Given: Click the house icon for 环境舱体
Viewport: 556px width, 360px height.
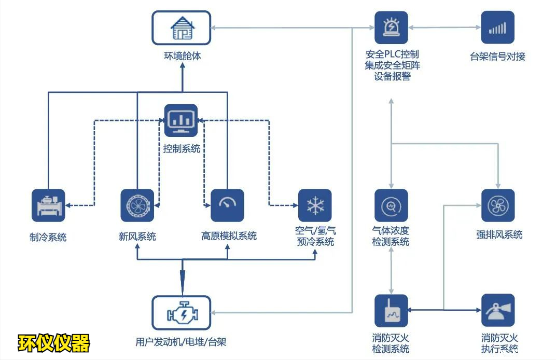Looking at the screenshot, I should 182,28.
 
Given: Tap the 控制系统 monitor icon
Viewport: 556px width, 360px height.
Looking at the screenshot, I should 181,120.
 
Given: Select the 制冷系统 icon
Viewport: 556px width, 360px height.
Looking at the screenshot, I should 48,205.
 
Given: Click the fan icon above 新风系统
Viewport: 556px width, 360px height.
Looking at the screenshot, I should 137,205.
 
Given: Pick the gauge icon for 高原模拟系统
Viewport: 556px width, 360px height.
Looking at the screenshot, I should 227,205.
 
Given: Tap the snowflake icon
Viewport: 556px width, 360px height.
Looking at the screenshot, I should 315,205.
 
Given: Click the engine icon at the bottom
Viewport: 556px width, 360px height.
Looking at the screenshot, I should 181,313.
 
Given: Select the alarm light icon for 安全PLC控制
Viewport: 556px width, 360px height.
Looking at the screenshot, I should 391,27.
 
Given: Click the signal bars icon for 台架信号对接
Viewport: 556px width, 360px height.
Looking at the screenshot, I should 497,27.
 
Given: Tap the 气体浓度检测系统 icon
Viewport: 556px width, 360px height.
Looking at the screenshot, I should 391,205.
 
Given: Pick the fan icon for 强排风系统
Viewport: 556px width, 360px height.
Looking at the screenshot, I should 497,205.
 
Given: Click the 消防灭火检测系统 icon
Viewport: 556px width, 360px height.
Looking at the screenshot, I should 391,311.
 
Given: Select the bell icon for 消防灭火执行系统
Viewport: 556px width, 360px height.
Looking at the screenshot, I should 497,311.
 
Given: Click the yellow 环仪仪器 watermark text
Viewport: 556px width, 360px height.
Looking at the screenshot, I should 54,342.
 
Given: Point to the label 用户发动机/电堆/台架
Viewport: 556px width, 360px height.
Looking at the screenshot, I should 181,342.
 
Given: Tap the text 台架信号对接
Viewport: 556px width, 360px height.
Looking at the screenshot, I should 497,57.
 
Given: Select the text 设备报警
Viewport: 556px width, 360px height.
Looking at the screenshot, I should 392,76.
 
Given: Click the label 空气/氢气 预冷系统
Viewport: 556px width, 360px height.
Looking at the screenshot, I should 315,237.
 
